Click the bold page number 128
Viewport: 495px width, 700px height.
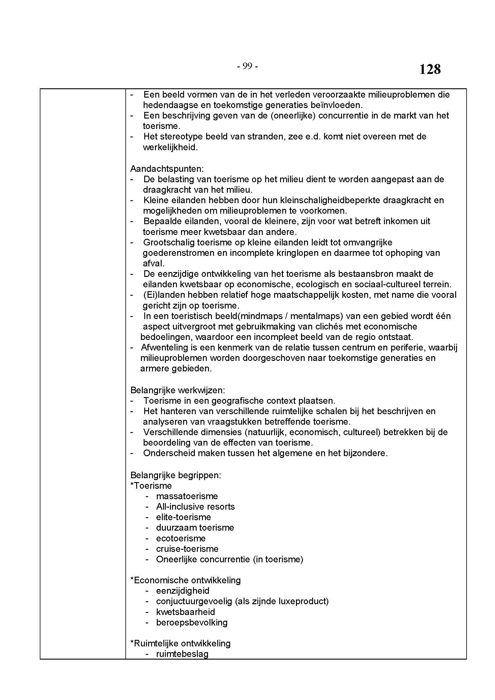pos(430,69)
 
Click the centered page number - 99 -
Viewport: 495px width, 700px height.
pos(247,66)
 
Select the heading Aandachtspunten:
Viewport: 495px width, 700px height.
pos(167,168)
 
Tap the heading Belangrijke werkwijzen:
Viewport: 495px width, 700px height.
pos(178,390)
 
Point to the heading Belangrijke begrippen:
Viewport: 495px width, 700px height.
pos(176,475)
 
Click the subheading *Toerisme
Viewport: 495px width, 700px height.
pos(151,486)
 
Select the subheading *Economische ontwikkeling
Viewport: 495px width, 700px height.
pos(186,580)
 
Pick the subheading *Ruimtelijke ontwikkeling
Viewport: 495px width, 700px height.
pos(180,643)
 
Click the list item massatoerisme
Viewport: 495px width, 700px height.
pos(187,496)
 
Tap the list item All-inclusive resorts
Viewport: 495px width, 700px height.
pos(195,507)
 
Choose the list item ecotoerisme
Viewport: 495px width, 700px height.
pos(181,538)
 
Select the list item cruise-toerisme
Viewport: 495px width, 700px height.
pos(187,549)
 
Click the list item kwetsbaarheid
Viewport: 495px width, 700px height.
pos(186,612)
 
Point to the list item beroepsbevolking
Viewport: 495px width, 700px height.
pos(192,622)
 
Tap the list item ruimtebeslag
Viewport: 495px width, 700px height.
pos(182,654)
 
